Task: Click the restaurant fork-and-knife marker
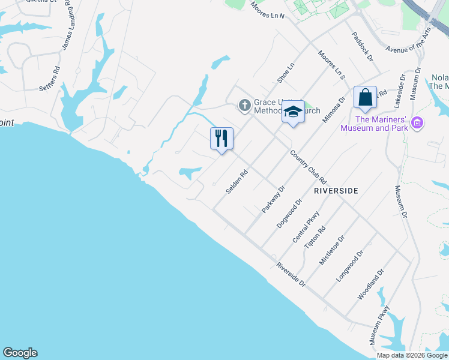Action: pos(221,139)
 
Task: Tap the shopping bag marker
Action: pos(365,97)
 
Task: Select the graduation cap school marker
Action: pos(293,112)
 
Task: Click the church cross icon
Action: pos(244,106)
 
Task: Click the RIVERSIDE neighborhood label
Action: pos(336,190)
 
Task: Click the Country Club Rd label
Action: pos(308,167)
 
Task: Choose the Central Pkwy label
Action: pos(304,227)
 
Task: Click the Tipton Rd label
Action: pos(315,238)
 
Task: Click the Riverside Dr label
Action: pos(291,274)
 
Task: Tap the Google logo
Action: pos(20,353)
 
